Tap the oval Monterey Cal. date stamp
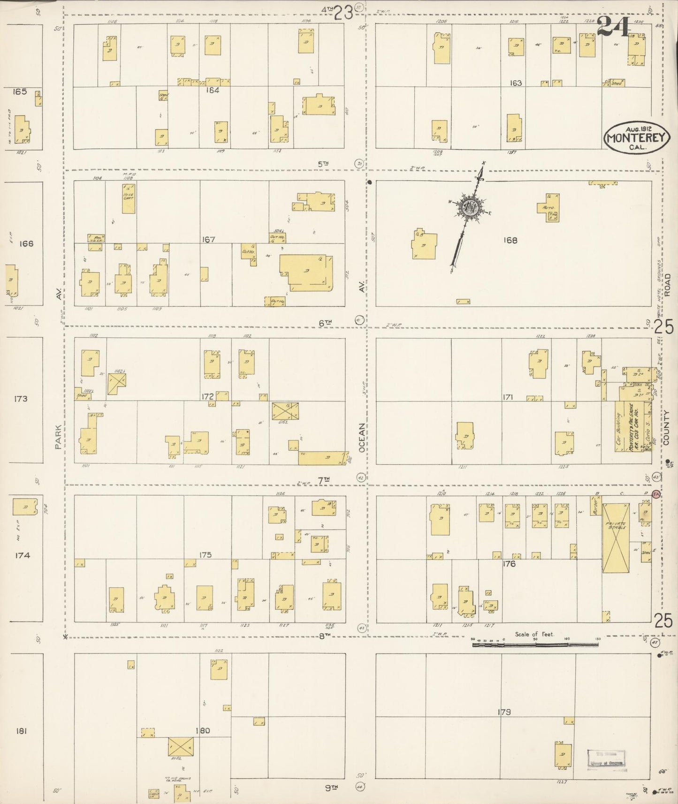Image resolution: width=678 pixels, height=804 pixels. (636, 137)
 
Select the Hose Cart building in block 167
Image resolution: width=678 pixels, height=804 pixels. (129, 198)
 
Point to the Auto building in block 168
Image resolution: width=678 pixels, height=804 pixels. (549, 207)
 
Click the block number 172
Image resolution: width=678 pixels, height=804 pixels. (208, 397)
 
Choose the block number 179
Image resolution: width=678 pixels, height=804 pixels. (504, 712)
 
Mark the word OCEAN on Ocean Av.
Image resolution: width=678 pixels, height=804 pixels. (362, 438)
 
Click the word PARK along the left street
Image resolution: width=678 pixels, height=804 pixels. (58, 437)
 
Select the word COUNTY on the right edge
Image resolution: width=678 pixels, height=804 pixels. (667, 427)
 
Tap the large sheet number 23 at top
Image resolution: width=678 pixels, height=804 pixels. (343, 13)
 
